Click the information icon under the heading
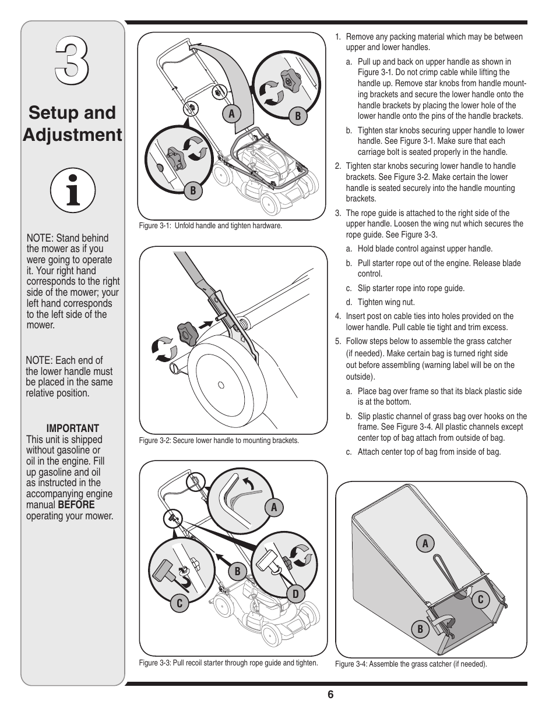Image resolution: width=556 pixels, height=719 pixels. [72, 190]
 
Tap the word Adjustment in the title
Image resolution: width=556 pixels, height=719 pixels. [73, 134]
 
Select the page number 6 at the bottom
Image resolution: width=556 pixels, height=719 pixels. [330, 695]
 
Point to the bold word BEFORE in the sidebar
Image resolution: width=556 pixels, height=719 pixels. [76, 504]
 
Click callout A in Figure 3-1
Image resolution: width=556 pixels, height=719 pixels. [231, 114]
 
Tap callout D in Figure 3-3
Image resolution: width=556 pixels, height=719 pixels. [295, 594]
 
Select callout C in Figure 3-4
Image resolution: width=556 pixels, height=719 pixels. [481, 600]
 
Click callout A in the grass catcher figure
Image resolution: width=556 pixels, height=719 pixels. [425, 544]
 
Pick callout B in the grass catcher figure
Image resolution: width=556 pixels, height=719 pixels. [420, 629]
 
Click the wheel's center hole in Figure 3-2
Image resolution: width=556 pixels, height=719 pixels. [221, 385]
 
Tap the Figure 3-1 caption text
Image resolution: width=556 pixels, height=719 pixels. [210, 225]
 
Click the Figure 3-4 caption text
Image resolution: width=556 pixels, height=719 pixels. [411, 664]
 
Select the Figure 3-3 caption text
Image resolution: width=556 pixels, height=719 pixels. [228, 663]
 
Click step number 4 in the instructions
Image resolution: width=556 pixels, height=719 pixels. [338, 316]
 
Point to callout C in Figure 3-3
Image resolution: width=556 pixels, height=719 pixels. [180, 604]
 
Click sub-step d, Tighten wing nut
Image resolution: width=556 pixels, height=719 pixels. [386, 302]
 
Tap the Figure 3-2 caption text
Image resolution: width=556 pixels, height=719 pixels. [219, 440]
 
